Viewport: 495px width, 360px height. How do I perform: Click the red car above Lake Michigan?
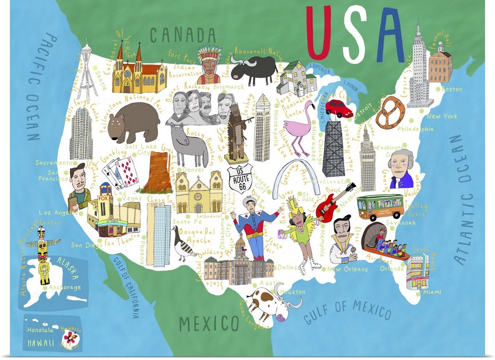(338, 107)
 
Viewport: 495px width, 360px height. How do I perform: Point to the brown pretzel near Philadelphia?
(390, 113)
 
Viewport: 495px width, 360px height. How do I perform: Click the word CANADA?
(183, 36)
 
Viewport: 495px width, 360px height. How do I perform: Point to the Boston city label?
(451, 90)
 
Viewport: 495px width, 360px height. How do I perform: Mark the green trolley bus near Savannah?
(380, 206)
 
